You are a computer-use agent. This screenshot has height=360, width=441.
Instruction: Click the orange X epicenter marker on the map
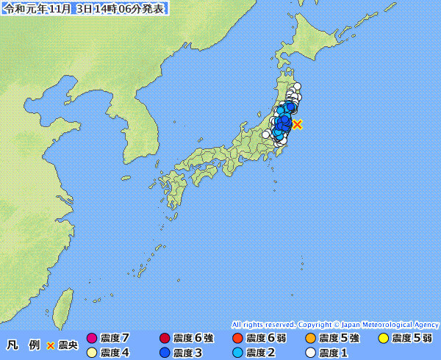click(297, 124)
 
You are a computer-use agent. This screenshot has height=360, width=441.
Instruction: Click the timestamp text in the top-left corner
click(85, 9)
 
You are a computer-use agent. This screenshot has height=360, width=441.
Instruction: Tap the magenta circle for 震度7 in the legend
click(92, 339)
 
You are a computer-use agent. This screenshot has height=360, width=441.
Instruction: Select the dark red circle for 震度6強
click(165, 339)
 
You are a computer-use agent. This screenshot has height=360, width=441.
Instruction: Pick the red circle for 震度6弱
click(237, 339)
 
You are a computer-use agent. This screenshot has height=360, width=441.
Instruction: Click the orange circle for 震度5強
click(310, 339)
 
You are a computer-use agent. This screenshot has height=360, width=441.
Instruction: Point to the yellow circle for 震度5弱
click(383, 339)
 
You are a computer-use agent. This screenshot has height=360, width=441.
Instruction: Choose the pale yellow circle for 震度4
click(92, 353)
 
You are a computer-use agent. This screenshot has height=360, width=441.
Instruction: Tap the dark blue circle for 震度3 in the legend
click(165, 353)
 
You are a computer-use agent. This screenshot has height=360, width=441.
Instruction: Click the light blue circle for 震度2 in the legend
click(237, 353)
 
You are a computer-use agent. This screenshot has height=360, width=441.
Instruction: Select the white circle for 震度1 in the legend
click(310, 353)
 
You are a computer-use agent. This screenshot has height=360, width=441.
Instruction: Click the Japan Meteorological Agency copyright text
click(334, 324)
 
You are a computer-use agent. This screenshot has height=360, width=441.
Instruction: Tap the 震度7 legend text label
click(115, 339)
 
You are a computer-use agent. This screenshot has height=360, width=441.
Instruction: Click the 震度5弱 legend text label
click(412, 339)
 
